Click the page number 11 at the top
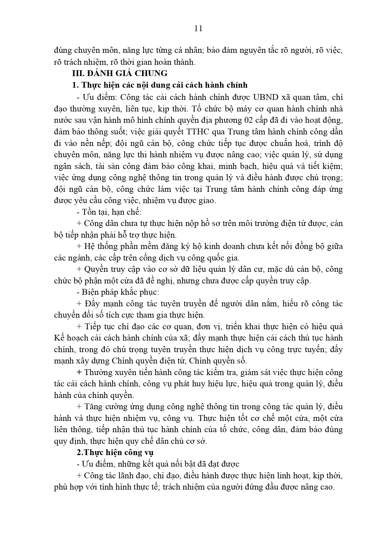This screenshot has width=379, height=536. click(x=198, y=28)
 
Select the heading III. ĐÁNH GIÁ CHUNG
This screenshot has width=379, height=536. click(x=120, y=73)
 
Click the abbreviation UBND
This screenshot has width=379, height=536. click(x=265, y=97)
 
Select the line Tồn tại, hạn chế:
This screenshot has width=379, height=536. click(x=111, y=212)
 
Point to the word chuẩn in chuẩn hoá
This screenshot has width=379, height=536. click(x=268, y=143)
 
